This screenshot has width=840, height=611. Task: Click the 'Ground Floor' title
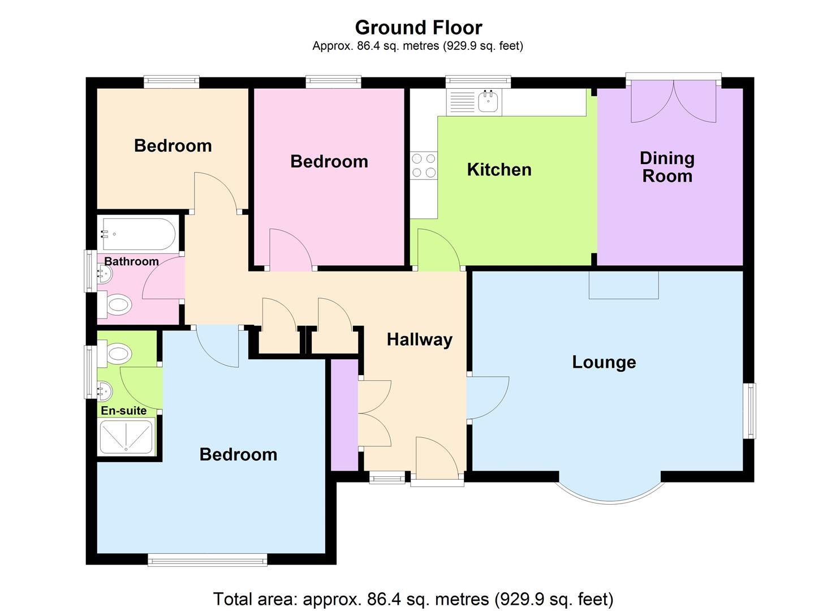[418, 27]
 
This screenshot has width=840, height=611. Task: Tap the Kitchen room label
[499, 169]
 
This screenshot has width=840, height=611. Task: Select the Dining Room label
[667, 167]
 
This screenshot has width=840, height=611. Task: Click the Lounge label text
[604, 362]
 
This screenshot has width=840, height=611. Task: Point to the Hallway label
[419, 339]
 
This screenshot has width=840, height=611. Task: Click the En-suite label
[123, 411]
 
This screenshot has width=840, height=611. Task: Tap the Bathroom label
[131, 261]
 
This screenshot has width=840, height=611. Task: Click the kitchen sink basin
[487, 102]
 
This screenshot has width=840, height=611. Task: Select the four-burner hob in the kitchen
[424, 165]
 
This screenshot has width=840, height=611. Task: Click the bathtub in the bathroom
[137, 234]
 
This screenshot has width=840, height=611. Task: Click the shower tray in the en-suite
[126, 437]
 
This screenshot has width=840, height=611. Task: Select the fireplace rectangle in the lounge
[623, 285]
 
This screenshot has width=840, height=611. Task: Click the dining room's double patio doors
[673, 101]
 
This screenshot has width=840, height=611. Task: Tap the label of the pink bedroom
[329, 161]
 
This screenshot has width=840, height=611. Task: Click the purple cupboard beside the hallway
[344, 415]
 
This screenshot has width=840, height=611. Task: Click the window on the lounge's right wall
[749, 411]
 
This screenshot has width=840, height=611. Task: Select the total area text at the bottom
[413, 599]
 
